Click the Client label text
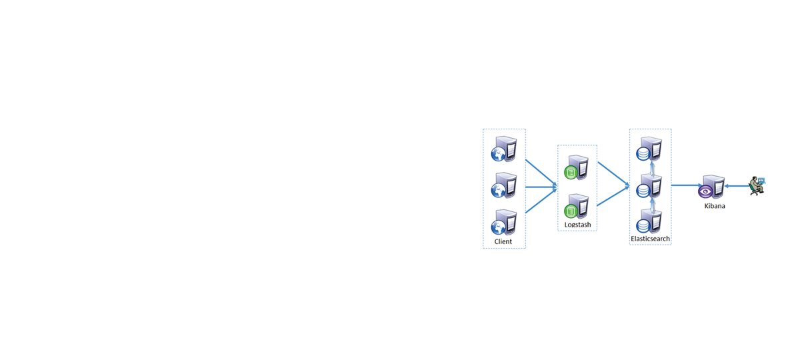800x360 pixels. (x=503, y=241)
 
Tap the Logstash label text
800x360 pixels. (x=577, y=225)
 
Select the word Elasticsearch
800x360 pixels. (x=650, y=238)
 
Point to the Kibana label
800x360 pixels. (x=714, y=206)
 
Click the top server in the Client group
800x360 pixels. (x=503, y=149)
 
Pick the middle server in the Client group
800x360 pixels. (x=503, y=185)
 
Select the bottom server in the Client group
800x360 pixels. (x=503, y=222)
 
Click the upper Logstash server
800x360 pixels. (x=576, y=167)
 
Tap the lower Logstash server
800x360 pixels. (x=576, y=206)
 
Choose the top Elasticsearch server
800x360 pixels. (x=649, y=149)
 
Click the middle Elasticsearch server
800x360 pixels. (x=649, y=186)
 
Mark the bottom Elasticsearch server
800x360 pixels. (x=649, y=221)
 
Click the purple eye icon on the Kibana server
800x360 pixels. (x=705, y=192)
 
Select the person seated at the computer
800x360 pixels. (x=757, y=186)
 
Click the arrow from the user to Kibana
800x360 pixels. (x=737, y=186)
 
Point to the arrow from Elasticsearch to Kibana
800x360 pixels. (x=687, y=185)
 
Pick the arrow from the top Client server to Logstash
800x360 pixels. (x=541, y=173)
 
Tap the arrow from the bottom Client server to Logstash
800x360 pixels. (x=541, y=201)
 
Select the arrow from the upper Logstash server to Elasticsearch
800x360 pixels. (x=613, y=174)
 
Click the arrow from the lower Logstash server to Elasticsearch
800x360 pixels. (x=613, y=196)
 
